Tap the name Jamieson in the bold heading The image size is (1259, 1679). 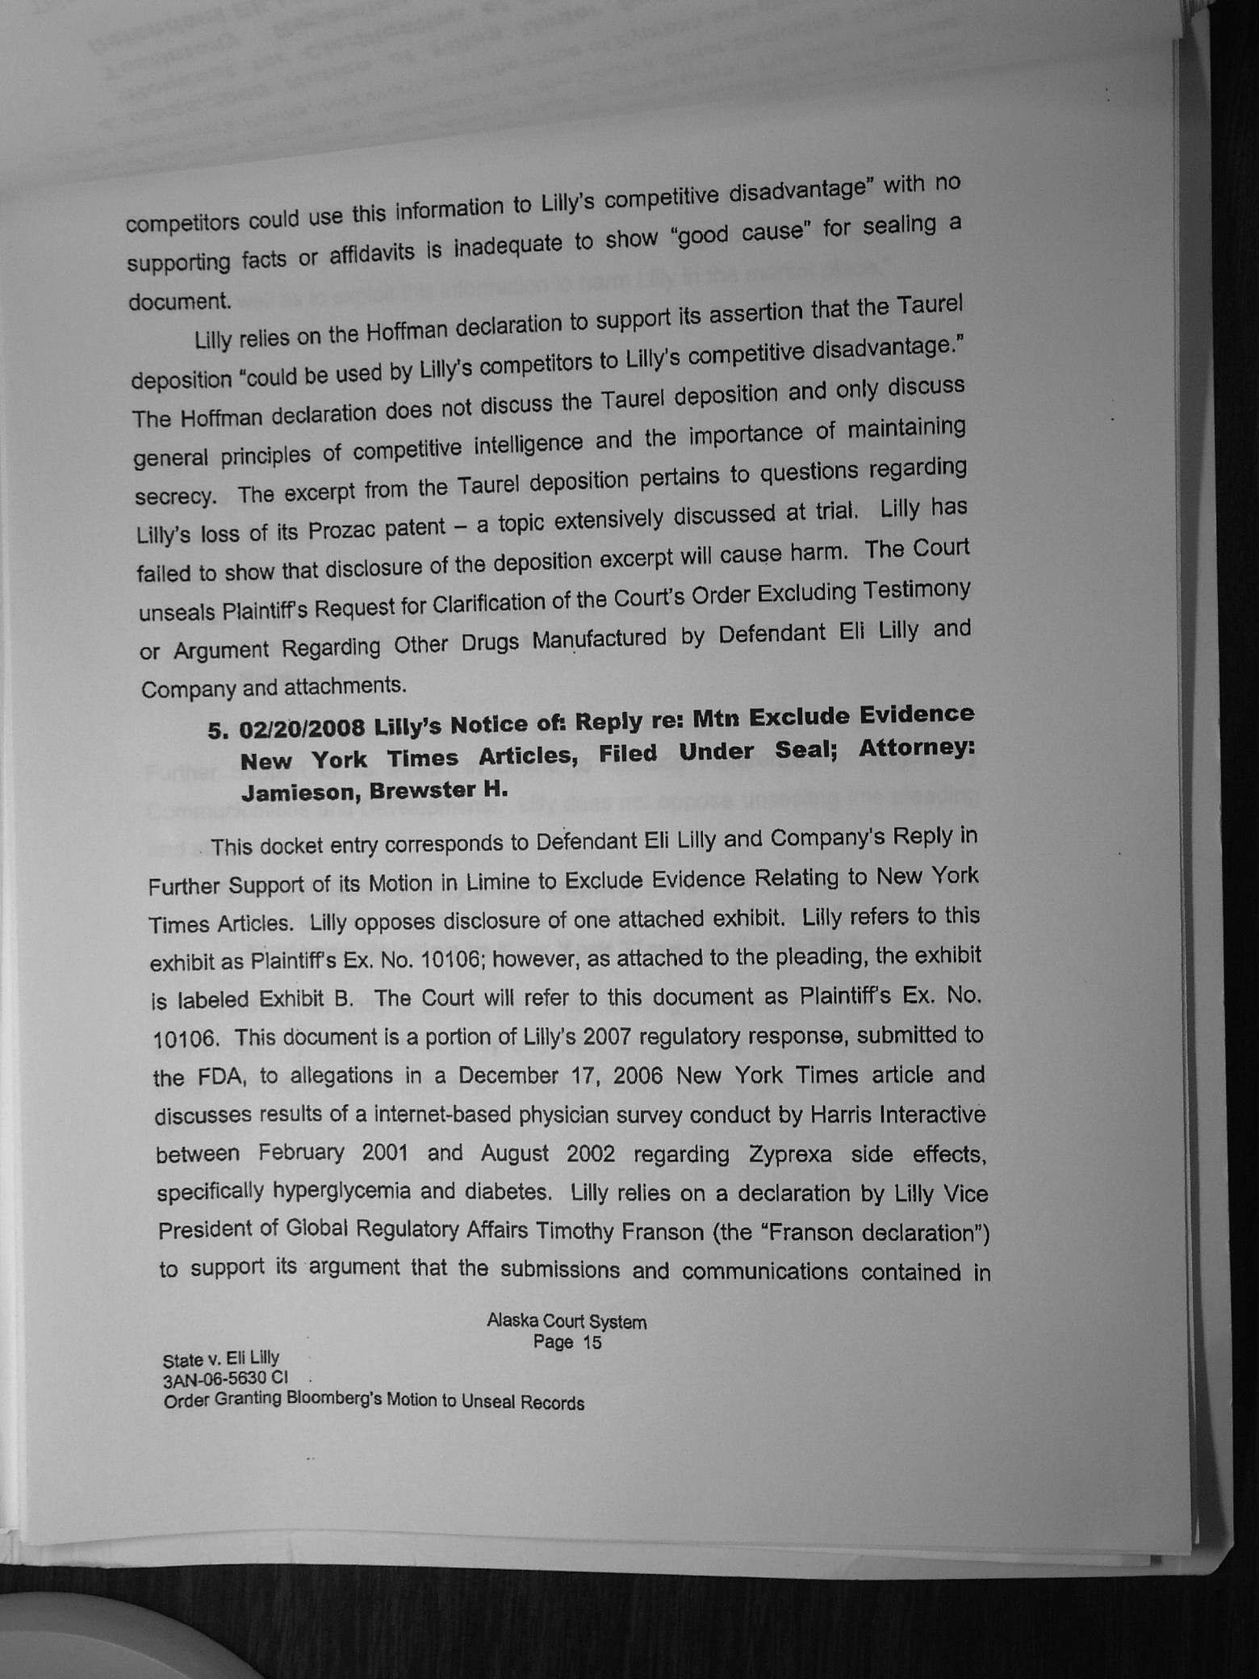tap(301, 792)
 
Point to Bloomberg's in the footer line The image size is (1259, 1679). tap(331, 1401)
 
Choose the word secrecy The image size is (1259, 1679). tap(175, 496)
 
